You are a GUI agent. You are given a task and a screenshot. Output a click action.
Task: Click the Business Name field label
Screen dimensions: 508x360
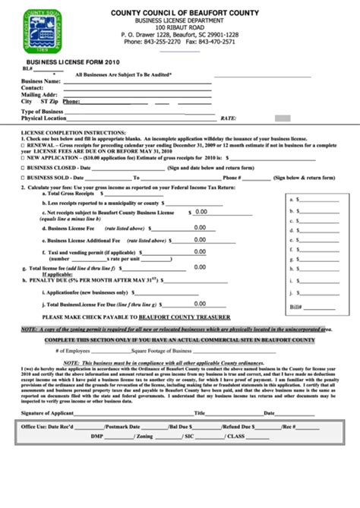point(41,80)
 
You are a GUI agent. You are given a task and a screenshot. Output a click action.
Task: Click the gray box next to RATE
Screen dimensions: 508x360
point(282,118)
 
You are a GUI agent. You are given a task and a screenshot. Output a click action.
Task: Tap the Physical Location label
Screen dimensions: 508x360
point(45,118)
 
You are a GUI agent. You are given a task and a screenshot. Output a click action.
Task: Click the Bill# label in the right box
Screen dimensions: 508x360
point(295,308)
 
